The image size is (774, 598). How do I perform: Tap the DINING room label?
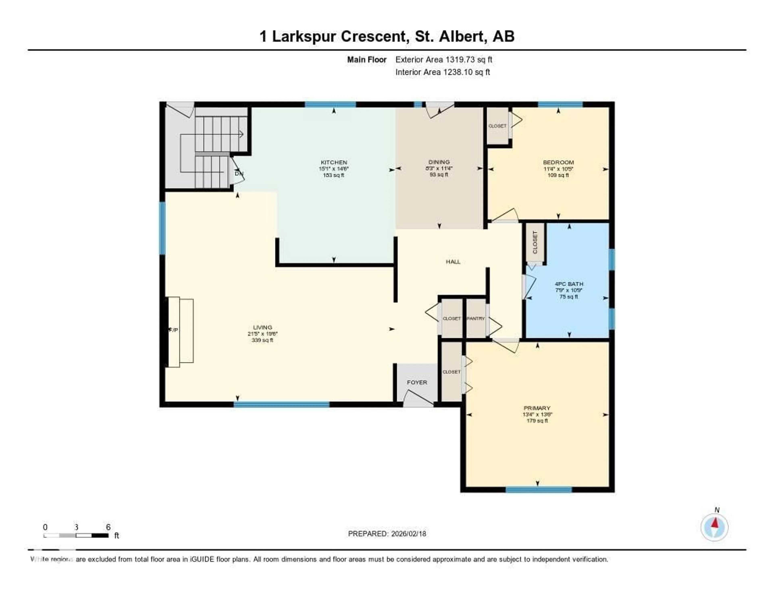tap(439, 162)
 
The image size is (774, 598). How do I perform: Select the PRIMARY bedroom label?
tap(537, 408)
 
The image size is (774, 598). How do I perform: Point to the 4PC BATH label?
tap(569, 284)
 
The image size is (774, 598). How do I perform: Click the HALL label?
tap(453, 262)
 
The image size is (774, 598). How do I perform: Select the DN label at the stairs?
tap(239, 174)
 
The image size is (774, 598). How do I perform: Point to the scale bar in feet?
tap(76, 535)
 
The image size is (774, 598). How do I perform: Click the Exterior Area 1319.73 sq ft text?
tap(444, 59)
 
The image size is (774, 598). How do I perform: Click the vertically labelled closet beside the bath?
tap(535, 243)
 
